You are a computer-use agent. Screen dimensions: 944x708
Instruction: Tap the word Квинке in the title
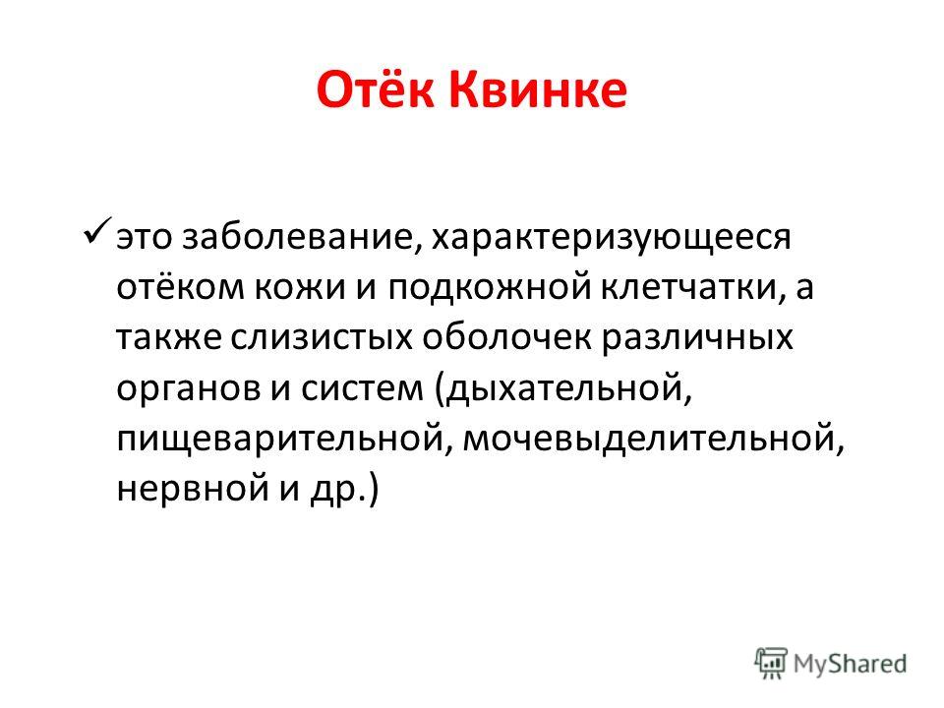[538, 90]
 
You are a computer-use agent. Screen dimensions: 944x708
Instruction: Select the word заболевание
[297, 237]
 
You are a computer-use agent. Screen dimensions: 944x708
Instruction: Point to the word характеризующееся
[611, 238]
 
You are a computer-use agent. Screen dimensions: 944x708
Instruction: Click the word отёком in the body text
[178, 287]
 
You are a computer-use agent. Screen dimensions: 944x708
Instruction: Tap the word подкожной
[489, 287]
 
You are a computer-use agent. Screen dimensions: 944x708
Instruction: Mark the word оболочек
[506, 337]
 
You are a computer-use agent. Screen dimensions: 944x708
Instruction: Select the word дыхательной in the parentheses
[562, 389]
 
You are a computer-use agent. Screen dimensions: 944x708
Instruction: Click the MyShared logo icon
[771, 664]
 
